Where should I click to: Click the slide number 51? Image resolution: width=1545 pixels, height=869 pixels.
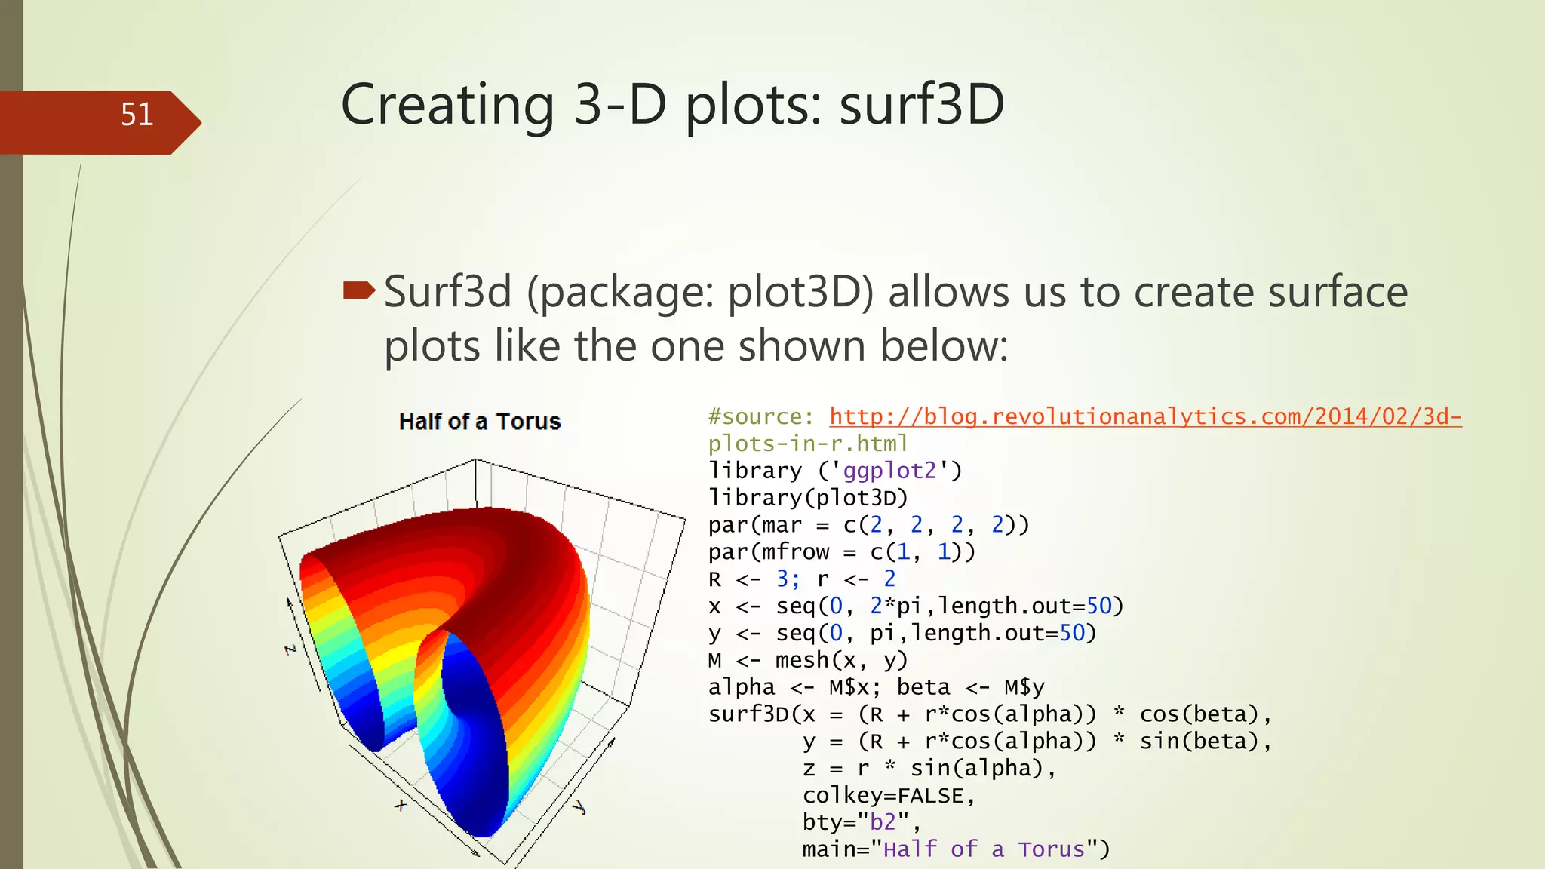point(137,115)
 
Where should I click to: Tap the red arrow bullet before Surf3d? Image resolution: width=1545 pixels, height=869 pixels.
point(359,290)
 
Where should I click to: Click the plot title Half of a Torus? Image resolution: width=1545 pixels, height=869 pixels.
point(480,421)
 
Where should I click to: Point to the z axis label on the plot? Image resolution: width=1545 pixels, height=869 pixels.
point(290,649)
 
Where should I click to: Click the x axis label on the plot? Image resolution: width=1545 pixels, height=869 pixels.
point(401,805)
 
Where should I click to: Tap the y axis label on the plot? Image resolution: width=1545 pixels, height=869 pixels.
point(579,807)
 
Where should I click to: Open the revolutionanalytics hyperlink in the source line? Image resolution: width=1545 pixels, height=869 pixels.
point(1145,416)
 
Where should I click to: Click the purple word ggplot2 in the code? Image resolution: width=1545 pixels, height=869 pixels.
point(889,471)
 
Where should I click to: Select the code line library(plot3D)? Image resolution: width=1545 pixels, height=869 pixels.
point(808,498)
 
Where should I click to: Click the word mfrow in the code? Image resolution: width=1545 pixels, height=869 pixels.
point(795,552)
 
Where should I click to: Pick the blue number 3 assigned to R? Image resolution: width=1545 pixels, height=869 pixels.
point(782,579)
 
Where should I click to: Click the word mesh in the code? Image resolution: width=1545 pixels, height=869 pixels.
point(802,660)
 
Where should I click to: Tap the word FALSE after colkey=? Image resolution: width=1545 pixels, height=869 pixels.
point(930,796)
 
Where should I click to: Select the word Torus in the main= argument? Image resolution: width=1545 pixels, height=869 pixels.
point(1051,849)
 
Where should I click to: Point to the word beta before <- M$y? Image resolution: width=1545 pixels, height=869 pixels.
point(923,687)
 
